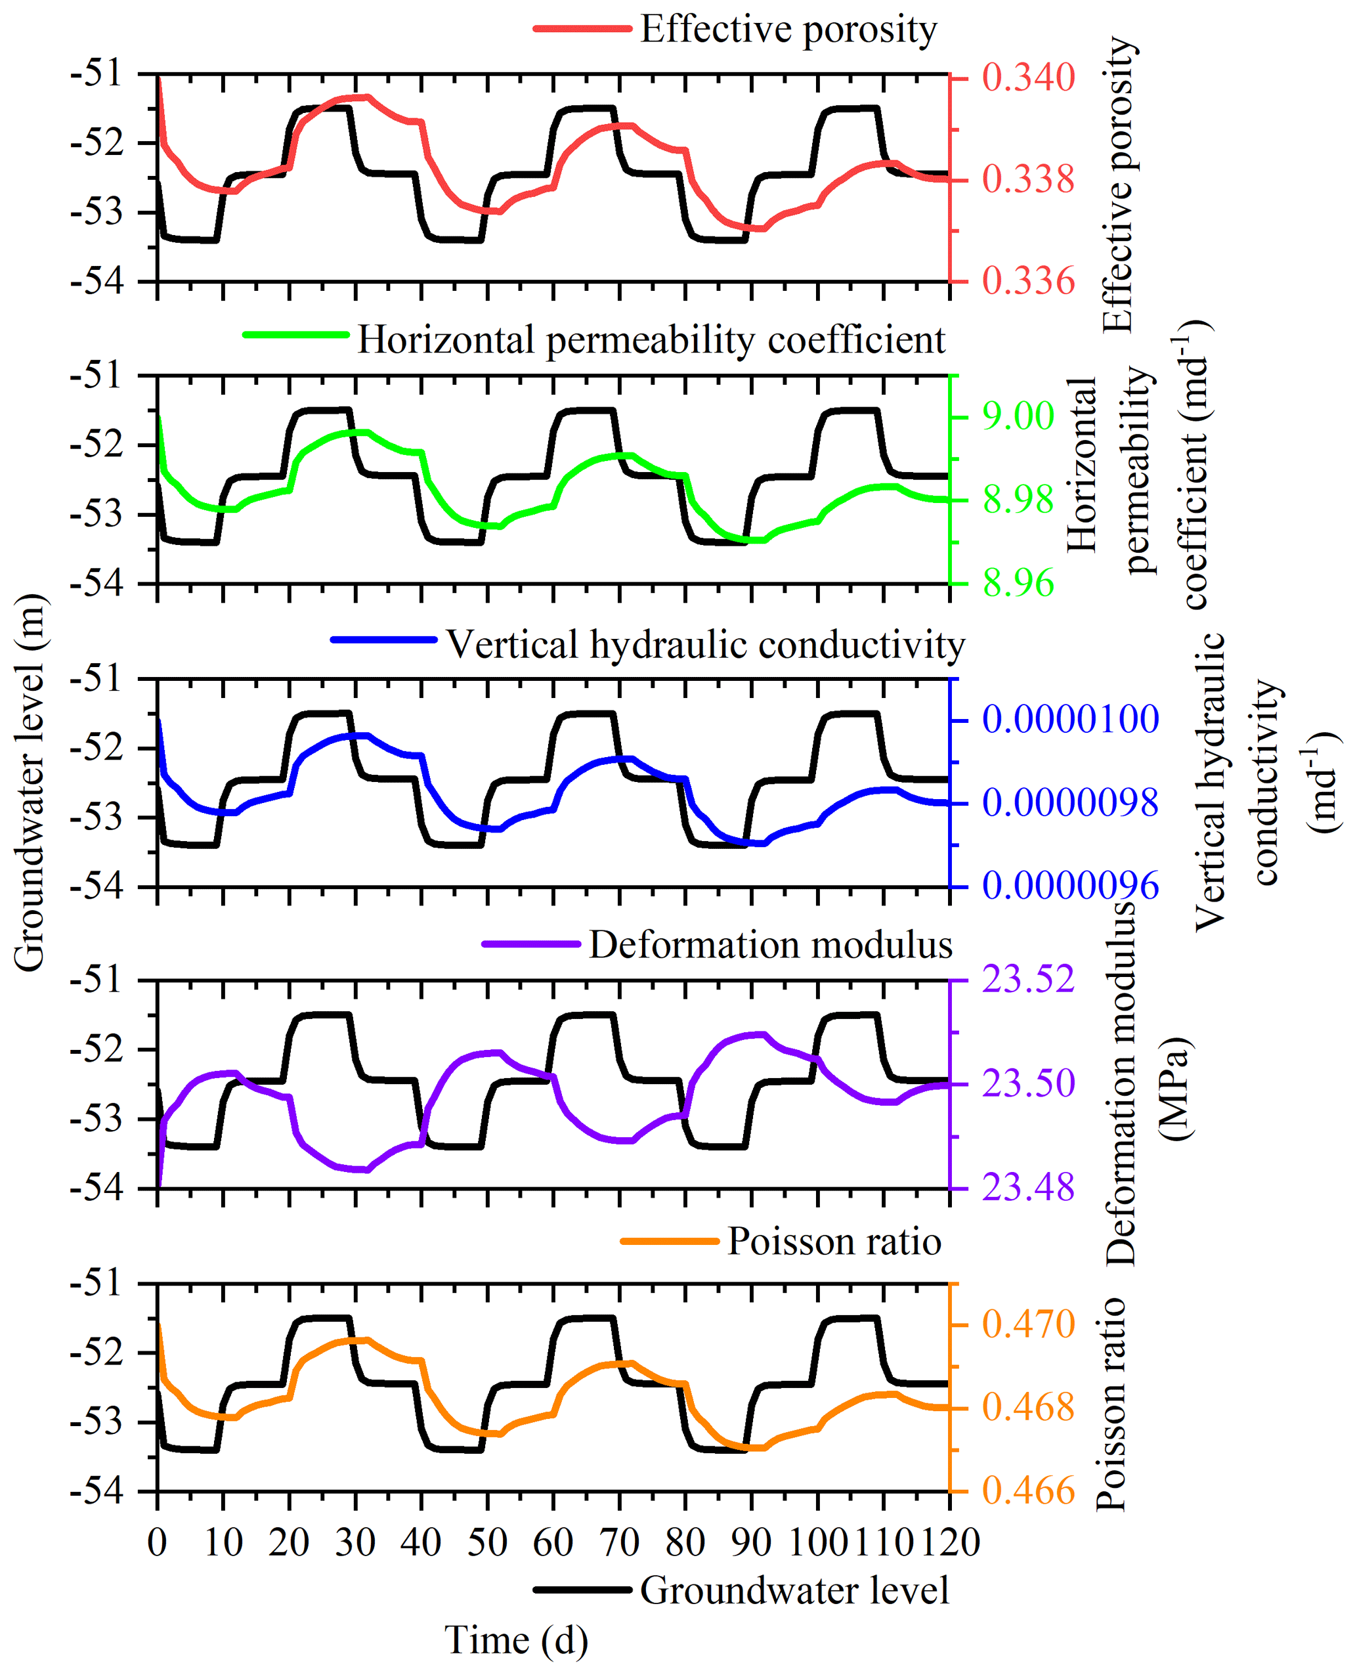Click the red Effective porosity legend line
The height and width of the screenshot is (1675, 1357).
pyautogui.click(x=582, y=29)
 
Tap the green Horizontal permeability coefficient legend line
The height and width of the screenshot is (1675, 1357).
pyautogui.click(x=296, y=334)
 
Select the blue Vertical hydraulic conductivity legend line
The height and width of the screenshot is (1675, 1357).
pyautogui.click(x=383, y=640)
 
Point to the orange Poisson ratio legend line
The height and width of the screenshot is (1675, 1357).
pyautogui.click(x=669, y=1241)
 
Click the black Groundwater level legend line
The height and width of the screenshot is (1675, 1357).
pyautogui.click(x=582, y=1590)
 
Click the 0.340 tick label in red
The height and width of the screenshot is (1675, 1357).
pyautogui.click(x=1028, y=78)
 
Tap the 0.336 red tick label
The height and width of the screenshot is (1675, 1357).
pyautogui.click(x=1028, y=282)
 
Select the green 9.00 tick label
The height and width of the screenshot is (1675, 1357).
pyautogui.click(x=1018, y=416)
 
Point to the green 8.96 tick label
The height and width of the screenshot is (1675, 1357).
pyautogui.click(x=1018, y=583)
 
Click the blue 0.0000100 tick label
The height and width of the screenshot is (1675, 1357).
pyautogui.click(x=1070, y=719)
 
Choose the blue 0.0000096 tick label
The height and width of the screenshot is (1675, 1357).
pyautogui.click(x=1070, y=886)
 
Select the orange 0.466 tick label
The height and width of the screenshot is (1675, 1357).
pyautogui.click(x=1028, y=1490)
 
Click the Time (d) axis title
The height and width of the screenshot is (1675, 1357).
pyautogui.click(x=516, y=1640)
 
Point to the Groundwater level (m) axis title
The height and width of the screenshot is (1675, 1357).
pyautogui.click(x=30, y=781)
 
